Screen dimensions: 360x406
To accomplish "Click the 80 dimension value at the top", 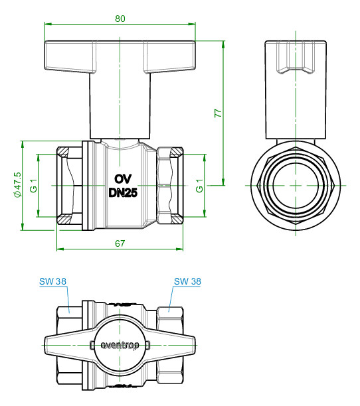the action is tap(120, 19).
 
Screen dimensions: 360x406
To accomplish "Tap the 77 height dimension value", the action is tap(218, 113).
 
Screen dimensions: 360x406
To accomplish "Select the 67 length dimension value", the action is tap(120, 243).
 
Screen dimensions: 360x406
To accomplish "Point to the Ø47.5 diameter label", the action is tap(18, 185).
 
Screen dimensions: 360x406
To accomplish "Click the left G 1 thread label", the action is tap(34, 186).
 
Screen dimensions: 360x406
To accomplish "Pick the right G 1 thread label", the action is tap(199, 186).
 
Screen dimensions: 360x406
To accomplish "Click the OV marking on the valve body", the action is tap(123, 179).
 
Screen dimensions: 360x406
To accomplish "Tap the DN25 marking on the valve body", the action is tap(123, 192).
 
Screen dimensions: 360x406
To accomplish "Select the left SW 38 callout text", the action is tap(53, 281).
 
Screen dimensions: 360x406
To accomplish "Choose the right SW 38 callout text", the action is tap(187, 281).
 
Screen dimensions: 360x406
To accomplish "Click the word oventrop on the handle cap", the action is tap(120, 346).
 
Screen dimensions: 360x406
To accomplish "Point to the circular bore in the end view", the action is tap(296, 185).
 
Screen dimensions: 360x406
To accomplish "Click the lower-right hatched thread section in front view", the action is tap(177, 220).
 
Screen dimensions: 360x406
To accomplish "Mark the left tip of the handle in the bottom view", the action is tap(45, 345).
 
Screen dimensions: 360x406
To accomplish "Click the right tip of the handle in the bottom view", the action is tap(195, 345).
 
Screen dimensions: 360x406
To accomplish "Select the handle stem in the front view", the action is tap(120, 105).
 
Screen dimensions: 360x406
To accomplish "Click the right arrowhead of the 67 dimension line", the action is tap(179, 249).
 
